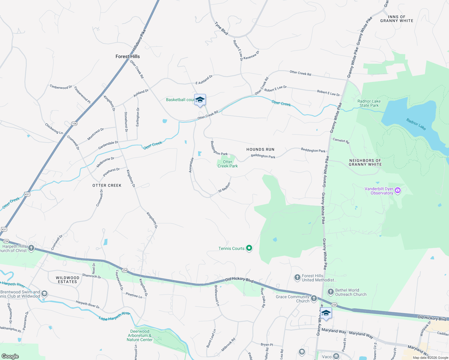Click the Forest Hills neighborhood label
click(128, 56)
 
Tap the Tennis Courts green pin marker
click(249, 248)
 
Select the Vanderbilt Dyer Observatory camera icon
click(398, 190)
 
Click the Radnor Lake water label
click(416, 124)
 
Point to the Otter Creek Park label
click(228, 164)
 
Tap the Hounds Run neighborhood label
click(260, 149)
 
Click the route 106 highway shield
click(74, 124)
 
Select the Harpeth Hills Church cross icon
click(31, 248)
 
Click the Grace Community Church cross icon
click(314, 298)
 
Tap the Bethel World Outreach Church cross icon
click(330, 292)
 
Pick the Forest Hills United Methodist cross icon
click(297, 277)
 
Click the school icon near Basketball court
click(200, 100)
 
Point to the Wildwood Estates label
click(68, 280)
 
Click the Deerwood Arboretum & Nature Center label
click(140, 335)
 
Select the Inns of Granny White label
click(396, 19)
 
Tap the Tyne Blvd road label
click(221, 28)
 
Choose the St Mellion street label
click(224, 187)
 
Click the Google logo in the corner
click(10, 356)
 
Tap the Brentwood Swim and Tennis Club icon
click(44, 293)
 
